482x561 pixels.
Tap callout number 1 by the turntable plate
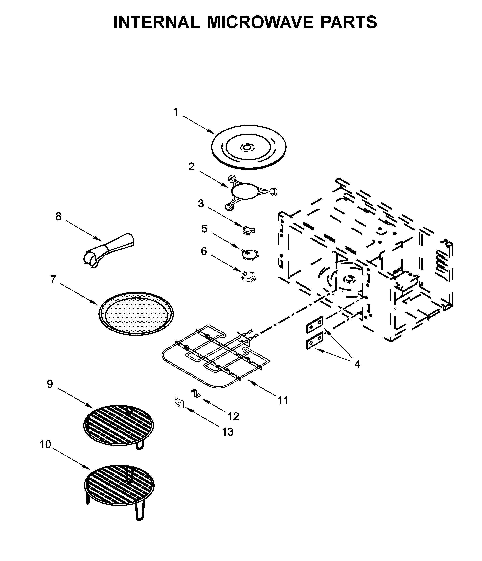176,112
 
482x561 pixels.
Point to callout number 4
357,364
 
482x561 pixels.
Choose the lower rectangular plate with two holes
315,340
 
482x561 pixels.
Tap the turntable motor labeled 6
248,276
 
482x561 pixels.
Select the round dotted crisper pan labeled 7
136,313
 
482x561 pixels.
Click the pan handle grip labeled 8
108,249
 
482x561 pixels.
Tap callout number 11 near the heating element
283,400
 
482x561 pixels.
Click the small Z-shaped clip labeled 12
196,393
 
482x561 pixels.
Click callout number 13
228,432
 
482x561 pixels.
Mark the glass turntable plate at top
248,148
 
